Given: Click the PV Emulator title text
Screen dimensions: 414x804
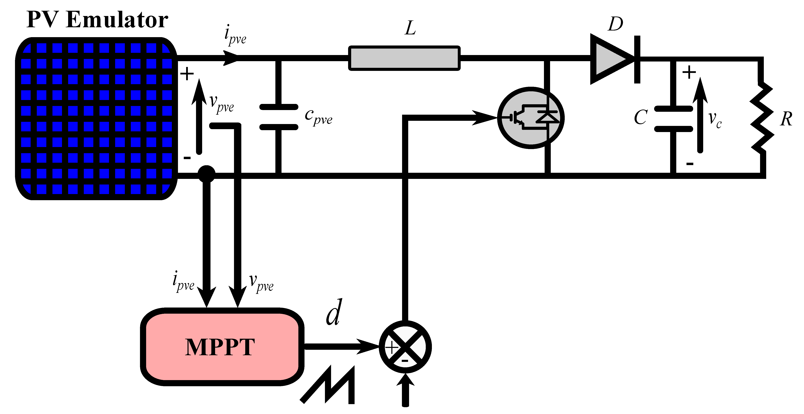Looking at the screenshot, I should click(97, 19).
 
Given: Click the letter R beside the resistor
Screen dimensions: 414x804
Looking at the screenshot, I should click(786, 119).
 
